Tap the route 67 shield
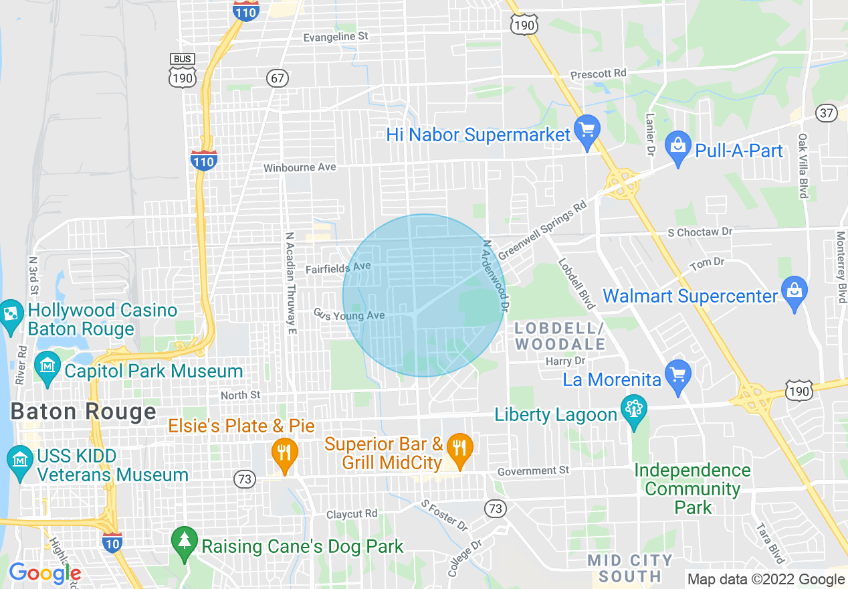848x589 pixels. point(278,78)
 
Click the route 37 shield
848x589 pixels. point(827,113)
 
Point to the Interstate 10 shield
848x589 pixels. point(112,543)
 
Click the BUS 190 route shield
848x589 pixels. point(182,70)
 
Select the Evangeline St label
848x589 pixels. point(336,37)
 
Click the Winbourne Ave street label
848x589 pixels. point(300,167)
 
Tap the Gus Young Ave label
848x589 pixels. point(349,315)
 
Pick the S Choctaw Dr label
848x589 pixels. point(700,232)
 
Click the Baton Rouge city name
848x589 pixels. point(84,412)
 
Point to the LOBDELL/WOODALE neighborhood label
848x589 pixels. point(560,336)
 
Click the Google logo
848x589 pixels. point(45,573)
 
